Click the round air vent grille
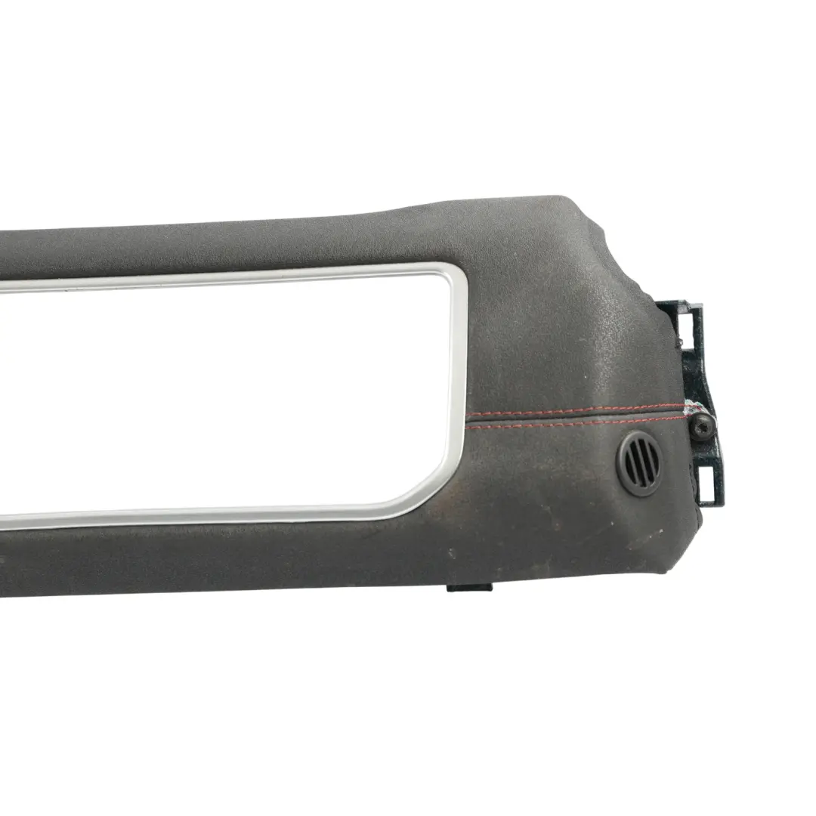[640, 462]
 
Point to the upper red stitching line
[574, 410]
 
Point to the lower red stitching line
[574, 423]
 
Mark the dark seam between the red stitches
[574, 417]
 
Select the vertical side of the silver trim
[459, 378]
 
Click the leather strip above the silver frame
[227, 242]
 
